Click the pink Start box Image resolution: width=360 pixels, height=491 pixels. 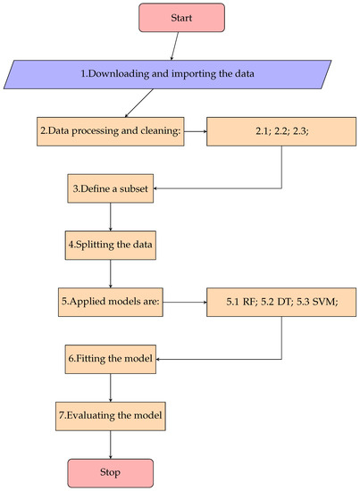[181, 17]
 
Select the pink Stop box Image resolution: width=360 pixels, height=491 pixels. [111, 470]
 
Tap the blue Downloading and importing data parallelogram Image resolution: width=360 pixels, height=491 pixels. [181, 73]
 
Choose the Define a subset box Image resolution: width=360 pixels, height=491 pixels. [111, 189]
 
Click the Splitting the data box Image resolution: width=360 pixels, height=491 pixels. [111, 243]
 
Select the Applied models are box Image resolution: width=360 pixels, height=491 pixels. [111, 303]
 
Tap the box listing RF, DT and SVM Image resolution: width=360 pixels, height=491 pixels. [282, 303]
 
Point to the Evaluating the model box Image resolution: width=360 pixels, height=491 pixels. [111, 415]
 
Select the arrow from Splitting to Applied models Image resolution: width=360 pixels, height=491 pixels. [111, 272]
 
